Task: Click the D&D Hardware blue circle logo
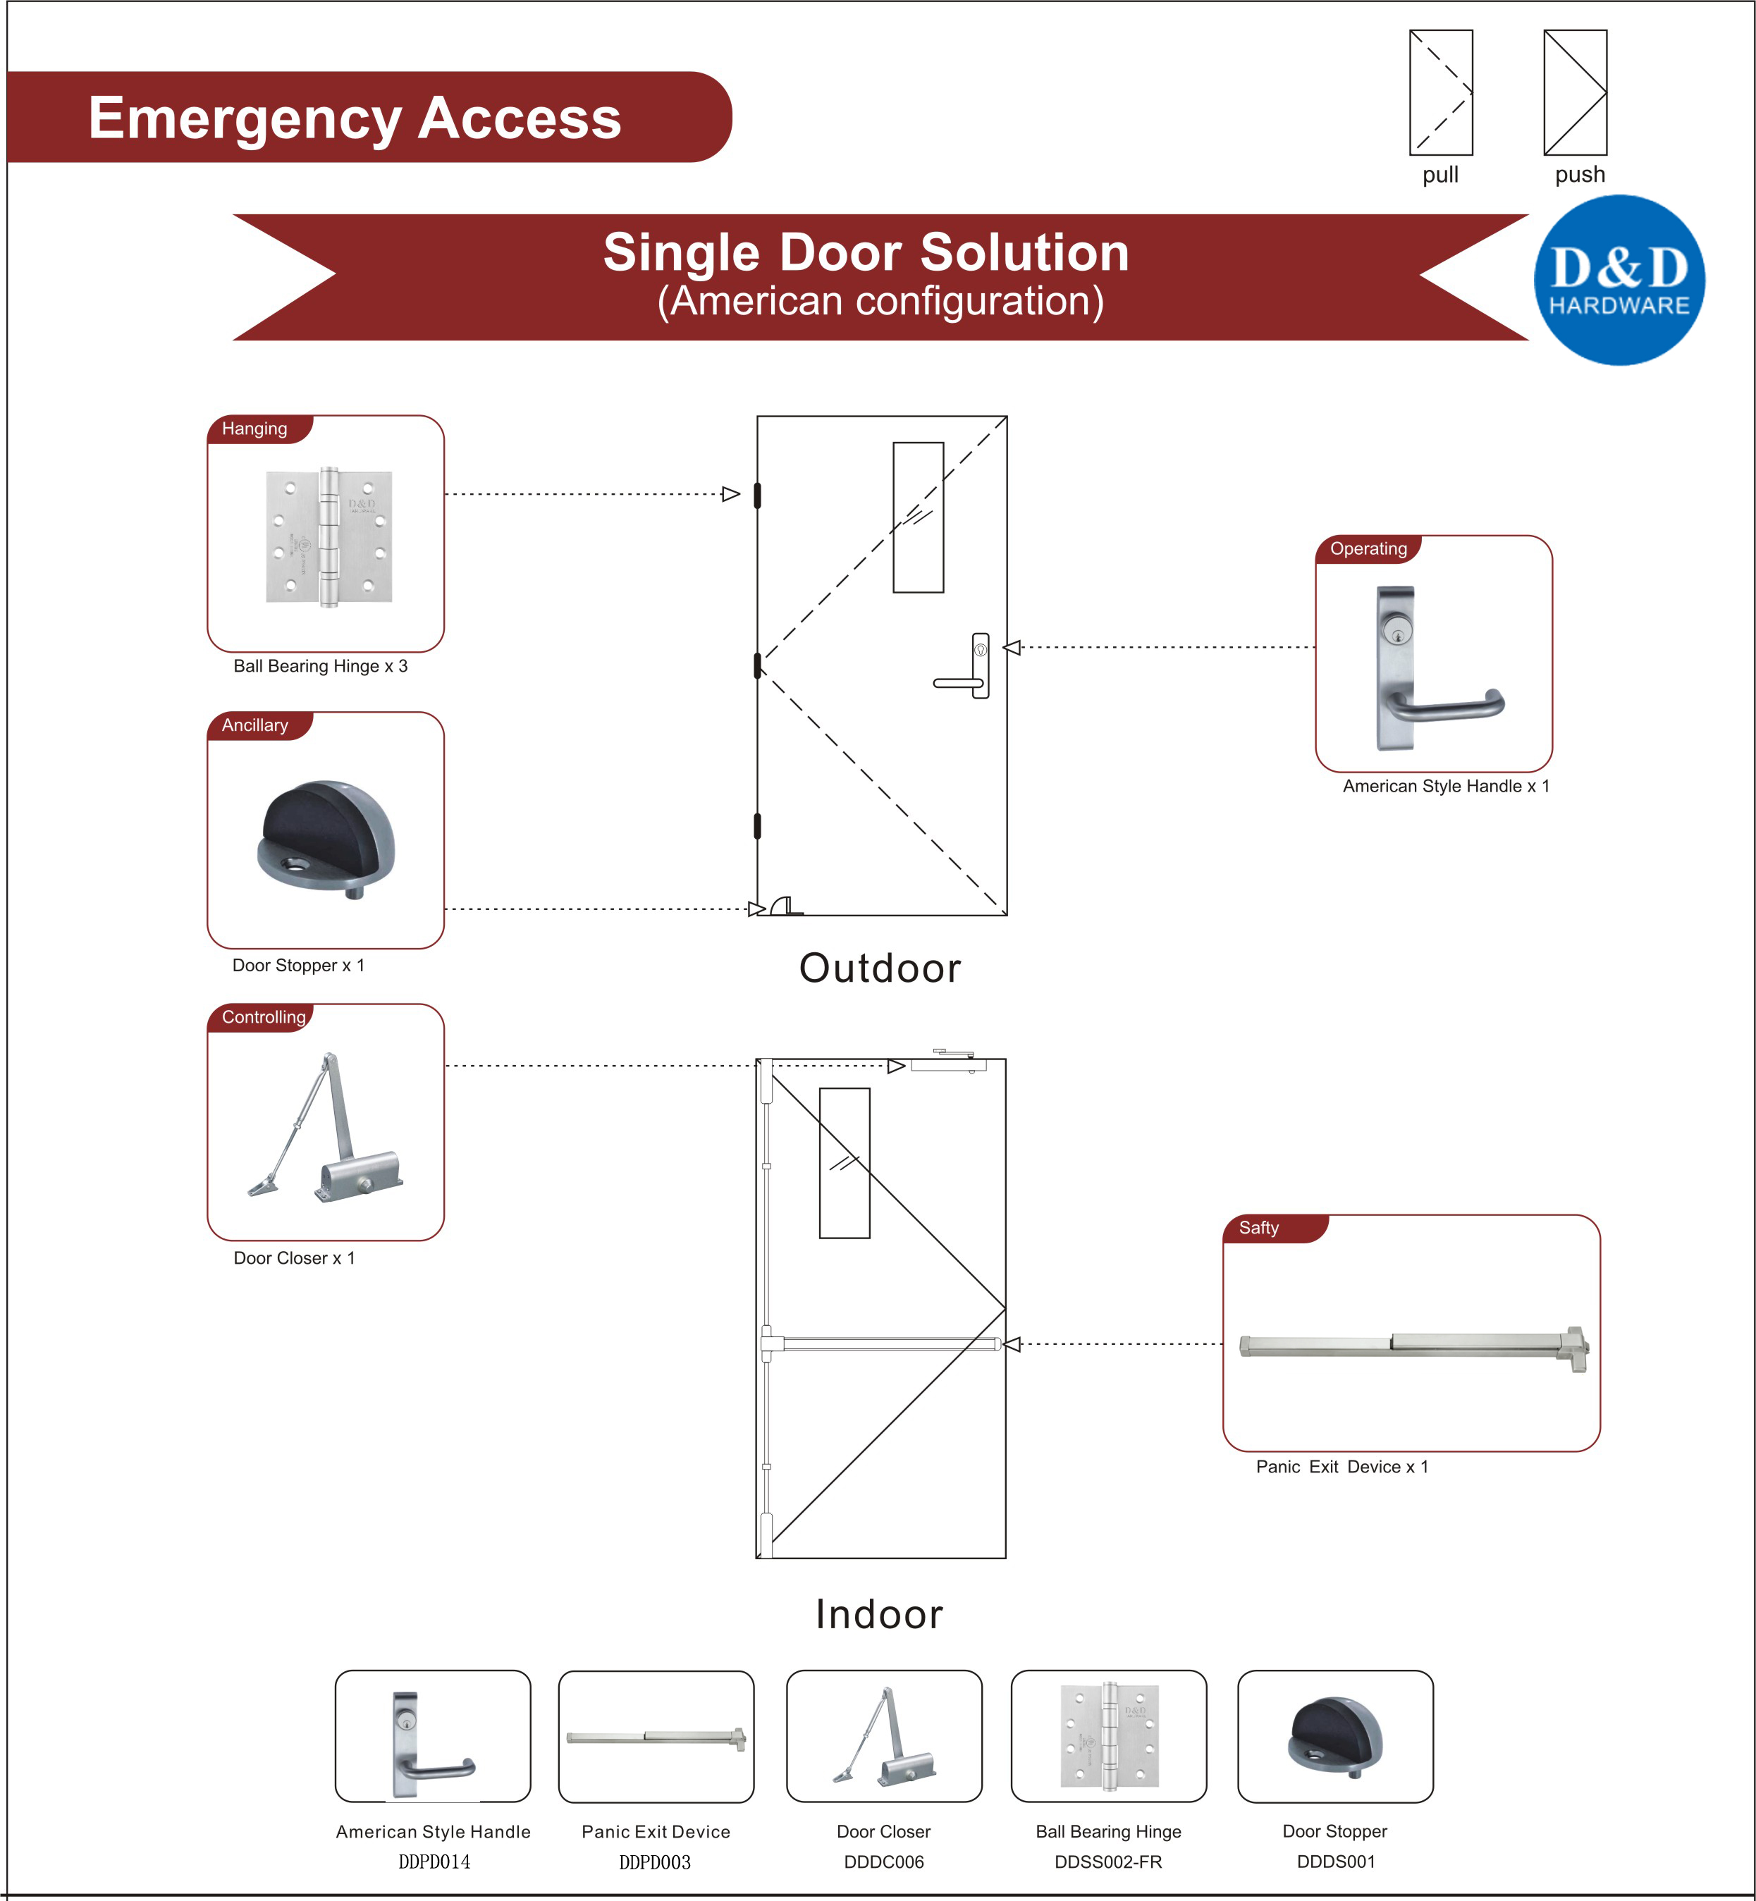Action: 1619,281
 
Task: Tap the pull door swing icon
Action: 1440,92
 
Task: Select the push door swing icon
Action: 1575,92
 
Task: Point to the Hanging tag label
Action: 254,429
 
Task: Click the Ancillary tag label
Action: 254,725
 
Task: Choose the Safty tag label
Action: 1258,1227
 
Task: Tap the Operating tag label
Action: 1368,548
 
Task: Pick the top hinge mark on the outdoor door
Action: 757,495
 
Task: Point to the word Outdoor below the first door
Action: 879,968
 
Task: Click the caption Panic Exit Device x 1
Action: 1341,1466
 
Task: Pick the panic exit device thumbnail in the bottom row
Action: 656,1737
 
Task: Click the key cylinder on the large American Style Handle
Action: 1396,630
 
